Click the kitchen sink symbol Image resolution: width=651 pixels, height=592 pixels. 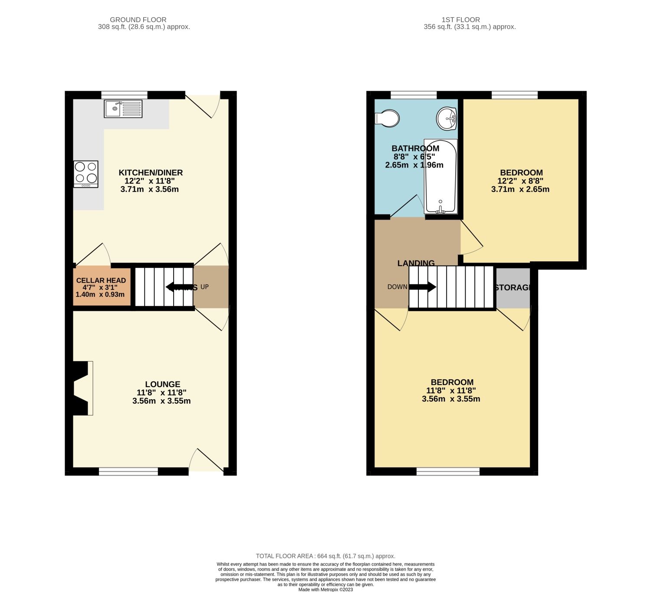pyautogui.click(x=123, y=109)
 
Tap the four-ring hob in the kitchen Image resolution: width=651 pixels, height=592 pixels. pyautogui.click(x=86, y=173)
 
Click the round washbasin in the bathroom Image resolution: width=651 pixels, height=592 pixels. pyautogui.click(x=447, y=118)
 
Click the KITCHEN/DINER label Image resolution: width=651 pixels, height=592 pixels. pyautogui.click(x=151, y=173)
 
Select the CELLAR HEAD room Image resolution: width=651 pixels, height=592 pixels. pyautogui.click(x=101, y=287)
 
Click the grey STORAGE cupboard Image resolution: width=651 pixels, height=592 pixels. pyautogui.click(x=513, y=288)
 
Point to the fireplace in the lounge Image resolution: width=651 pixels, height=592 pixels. pyautogui.click(x=82, y=388)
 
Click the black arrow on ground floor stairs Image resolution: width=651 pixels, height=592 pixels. pyautogui.click(x=175, y=287)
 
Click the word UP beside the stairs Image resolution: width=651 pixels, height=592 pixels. pyautogui.click(x=204, y=287)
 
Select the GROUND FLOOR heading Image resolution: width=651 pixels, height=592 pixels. pyautogui.click(x=138, y=20)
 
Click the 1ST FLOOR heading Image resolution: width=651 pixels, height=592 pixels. pyautogui.click(x=460, y=20)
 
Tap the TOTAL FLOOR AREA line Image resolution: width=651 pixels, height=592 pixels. pyautogui.click(x=325, y=556)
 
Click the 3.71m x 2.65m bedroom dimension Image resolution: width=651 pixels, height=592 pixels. pyautogui.click(x=520, y=189)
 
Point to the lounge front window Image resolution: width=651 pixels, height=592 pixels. pyautogui.click(x=128, y=471)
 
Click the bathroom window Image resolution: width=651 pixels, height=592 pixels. pyautogui.click(x=414, y=95)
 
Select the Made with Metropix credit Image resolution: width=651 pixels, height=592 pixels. pyautogui.click(x=325, y=589)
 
